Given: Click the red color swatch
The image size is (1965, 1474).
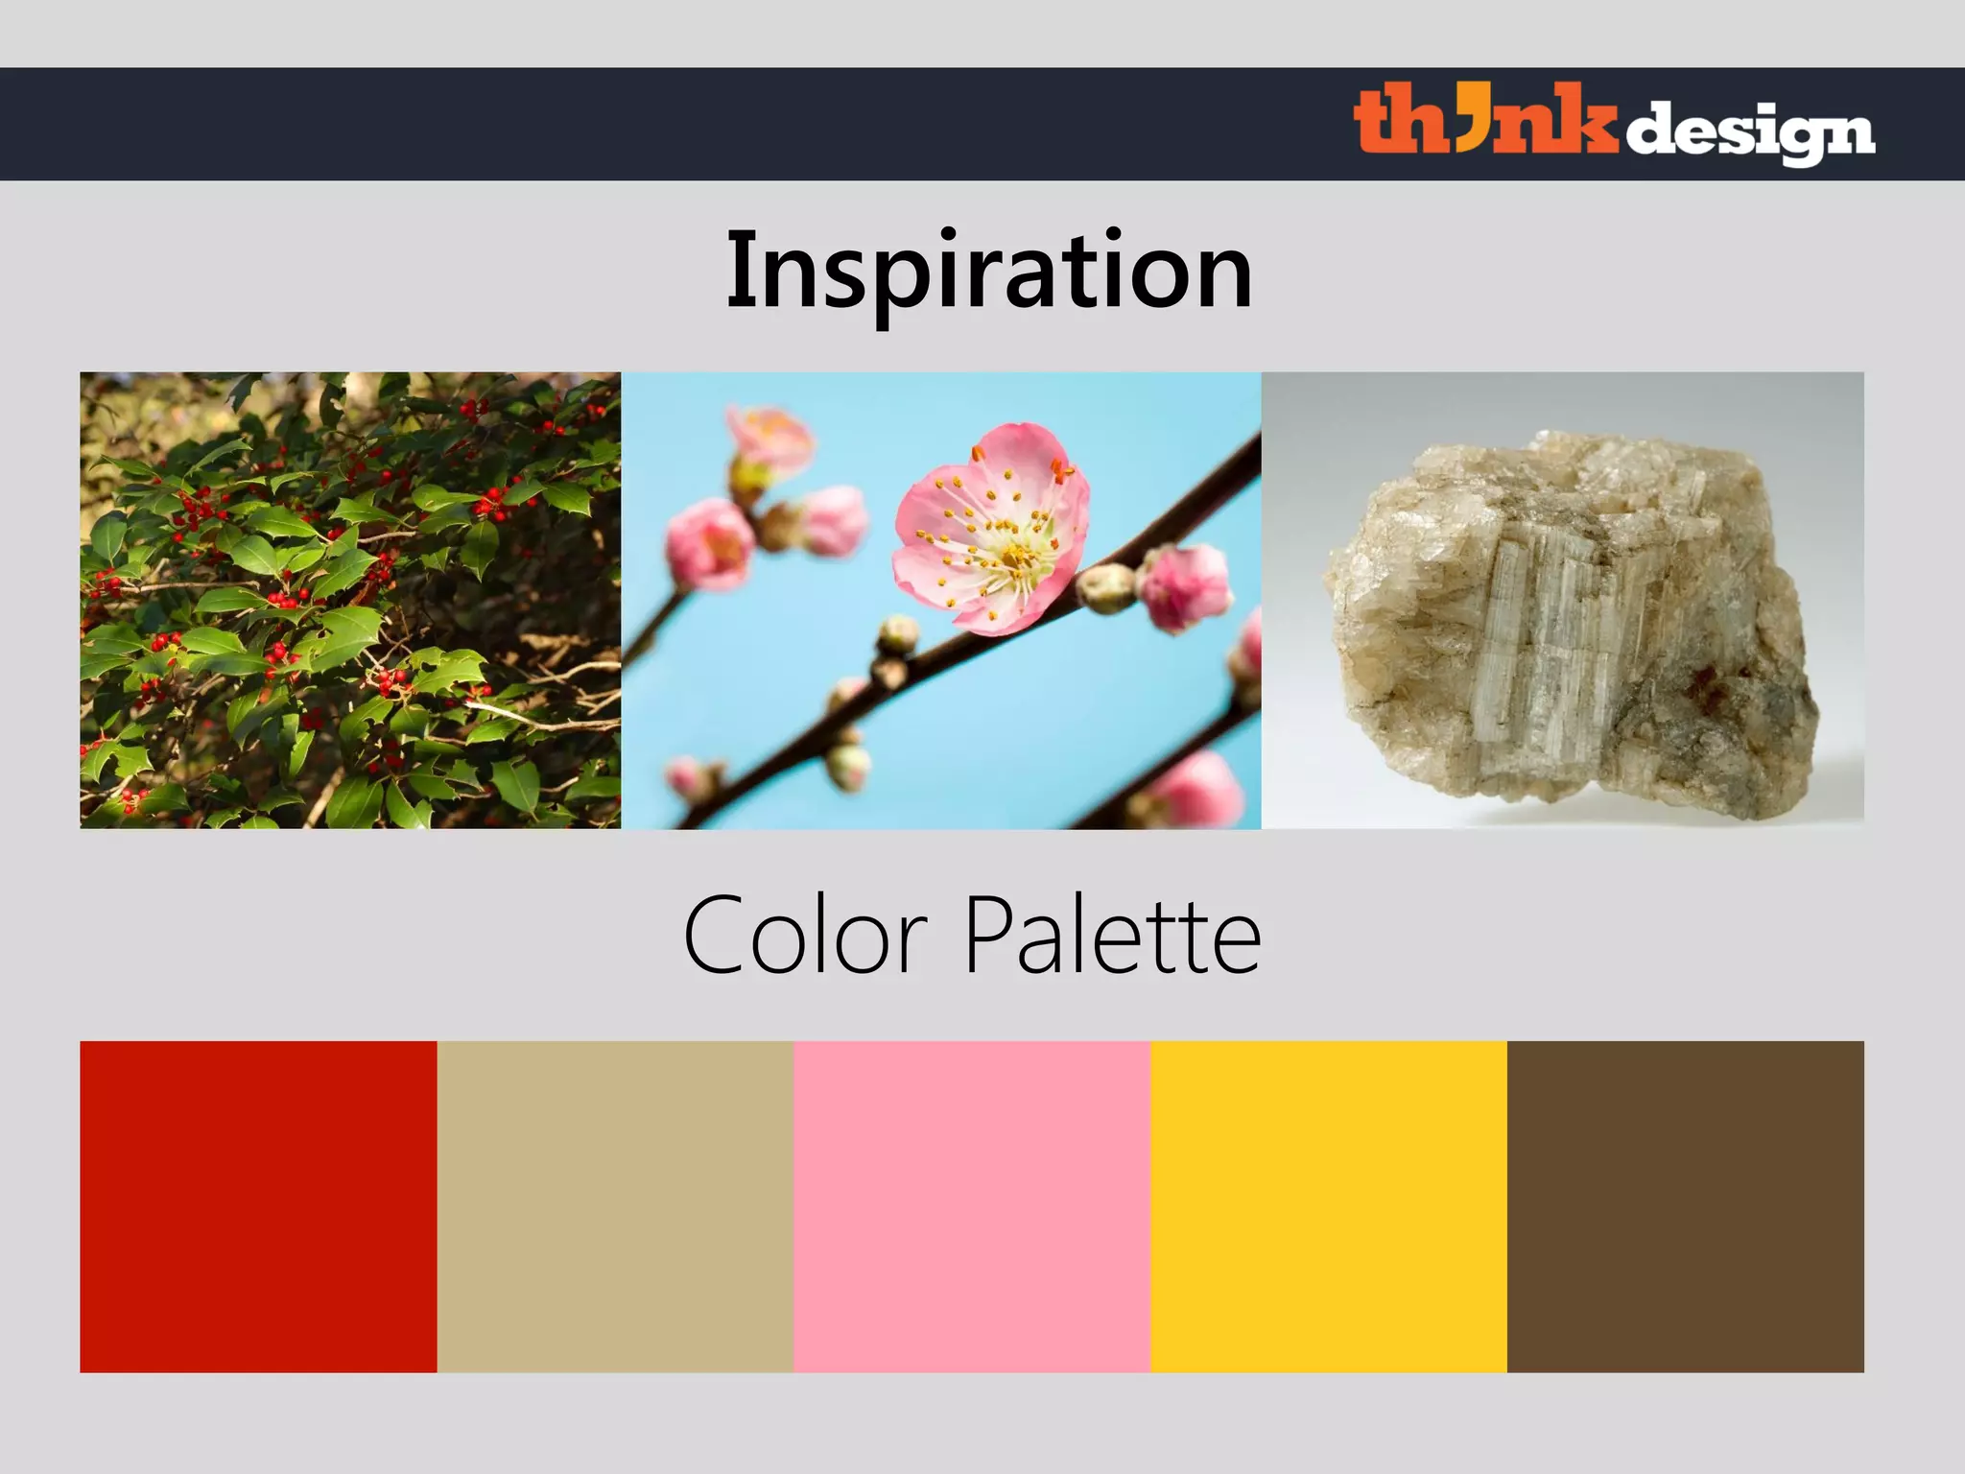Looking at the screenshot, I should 258,1206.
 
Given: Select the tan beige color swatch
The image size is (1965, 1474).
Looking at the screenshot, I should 615,1206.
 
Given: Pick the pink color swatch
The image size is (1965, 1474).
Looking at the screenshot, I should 972,1206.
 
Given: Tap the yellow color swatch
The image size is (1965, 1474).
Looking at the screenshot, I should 1329,1206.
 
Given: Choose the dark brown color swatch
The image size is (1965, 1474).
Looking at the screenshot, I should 1686,1206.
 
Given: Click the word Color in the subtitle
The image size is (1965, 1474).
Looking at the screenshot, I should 804,935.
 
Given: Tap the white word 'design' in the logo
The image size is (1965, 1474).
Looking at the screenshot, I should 1748,132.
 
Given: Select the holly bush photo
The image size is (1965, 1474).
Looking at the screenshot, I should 350,600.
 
